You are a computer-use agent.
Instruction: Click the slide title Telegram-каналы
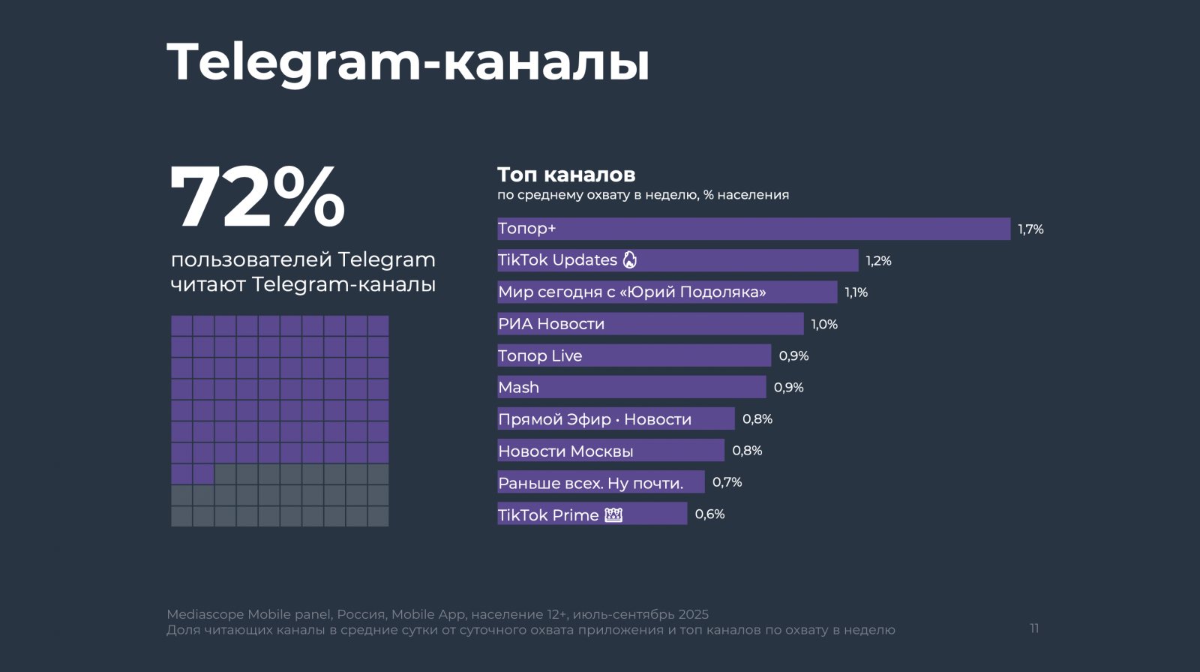[407, 62]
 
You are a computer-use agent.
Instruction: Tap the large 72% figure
[257, 196]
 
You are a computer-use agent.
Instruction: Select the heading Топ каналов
[566, 175]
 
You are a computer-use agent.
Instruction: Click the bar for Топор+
[753, 229]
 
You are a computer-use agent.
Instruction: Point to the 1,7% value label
[1030, 229]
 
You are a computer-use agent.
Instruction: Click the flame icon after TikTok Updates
[630, 259]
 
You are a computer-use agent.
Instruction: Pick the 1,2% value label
[878, 261]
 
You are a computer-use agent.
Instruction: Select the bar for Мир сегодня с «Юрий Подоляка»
[667, 292]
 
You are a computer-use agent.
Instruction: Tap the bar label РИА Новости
[551, 324]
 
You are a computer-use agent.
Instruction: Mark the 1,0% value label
[824, 325]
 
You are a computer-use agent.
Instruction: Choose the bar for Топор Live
[634, 355]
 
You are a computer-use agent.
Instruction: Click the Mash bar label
[519, 388]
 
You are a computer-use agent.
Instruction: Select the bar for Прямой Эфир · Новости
[616, 418]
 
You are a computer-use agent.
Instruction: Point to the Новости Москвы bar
[610, 451]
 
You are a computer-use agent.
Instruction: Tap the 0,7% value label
[727, 482]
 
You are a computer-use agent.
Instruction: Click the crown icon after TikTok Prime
[613, 514]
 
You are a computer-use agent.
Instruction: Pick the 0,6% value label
[709, 514]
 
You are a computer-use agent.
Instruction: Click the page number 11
[1034, 628]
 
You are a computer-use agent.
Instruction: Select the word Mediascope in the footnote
[205, 614]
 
